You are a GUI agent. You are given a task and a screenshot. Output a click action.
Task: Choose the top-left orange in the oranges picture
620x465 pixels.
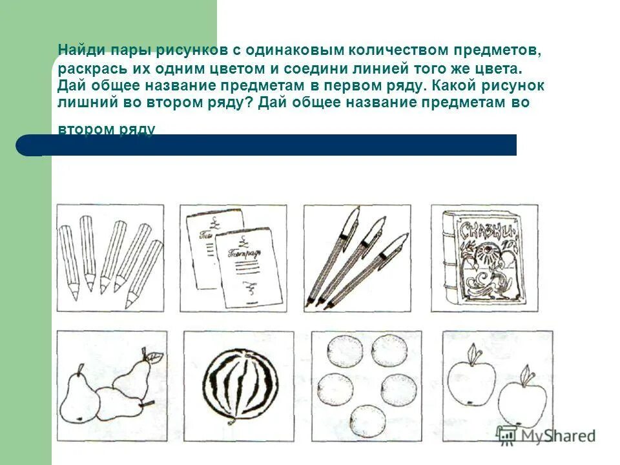341,352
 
